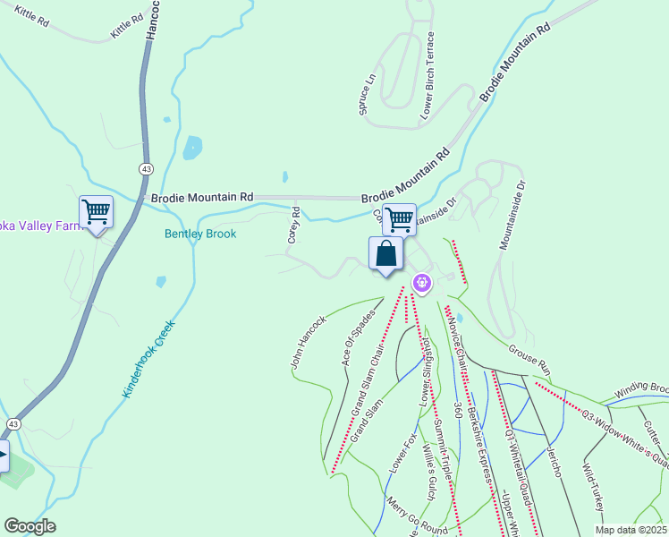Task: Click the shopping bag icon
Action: pos(385,254)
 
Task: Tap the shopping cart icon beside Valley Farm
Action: pos(96,213)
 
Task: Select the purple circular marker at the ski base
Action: pos(422,285)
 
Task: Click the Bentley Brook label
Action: pos(199,234)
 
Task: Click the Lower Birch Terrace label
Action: pos(428,76)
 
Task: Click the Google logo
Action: pos(30,526)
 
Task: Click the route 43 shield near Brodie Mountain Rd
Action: pos(144,168)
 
